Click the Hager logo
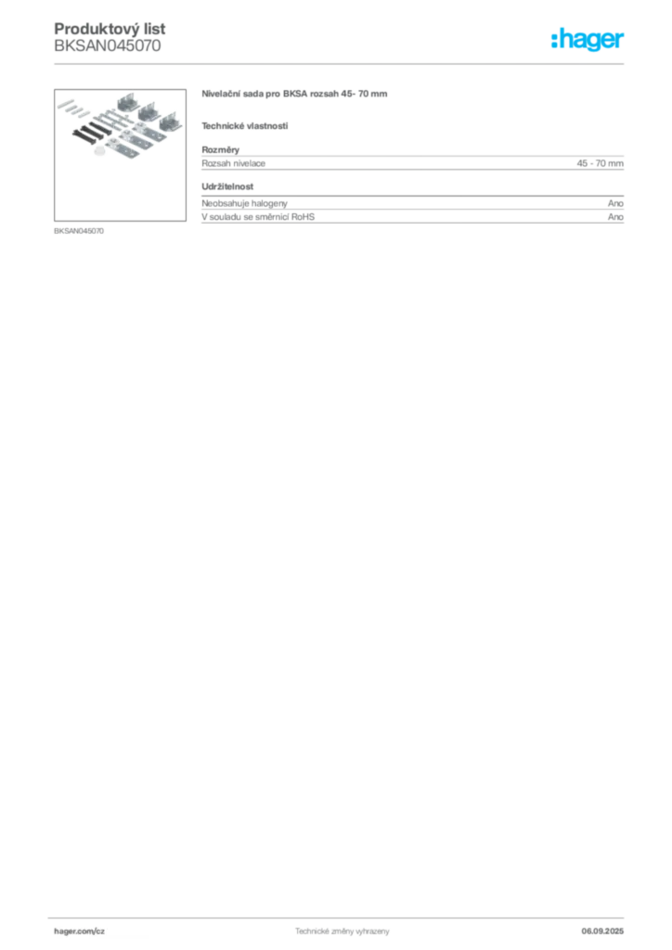pos(588,39)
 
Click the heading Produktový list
pos(110,29)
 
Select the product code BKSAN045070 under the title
pos(108,46)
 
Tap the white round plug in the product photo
pos(100,149)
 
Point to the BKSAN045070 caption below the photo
pos(79,231)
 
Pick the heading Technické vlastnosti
pos(245,126)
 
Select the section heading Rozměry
pos(221,149)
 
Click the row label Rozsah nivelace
pos(233,163)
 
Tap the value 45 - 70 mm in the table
pos(600,163)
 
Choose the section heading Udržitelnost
pos(227,186)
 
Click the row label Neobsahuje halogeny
pos(244,203)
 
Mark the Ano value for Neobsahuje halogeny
pos(615,203)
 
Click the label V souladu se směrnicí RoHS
pos(258,217)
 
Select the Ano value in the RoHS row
pos(615,217)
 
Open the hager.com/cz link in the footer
pos(80,931)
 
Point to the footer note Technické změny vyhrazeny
pos(342,931)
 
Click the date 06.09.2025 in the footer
pos(602,931)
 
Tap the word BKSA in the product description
pos(295,94)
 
